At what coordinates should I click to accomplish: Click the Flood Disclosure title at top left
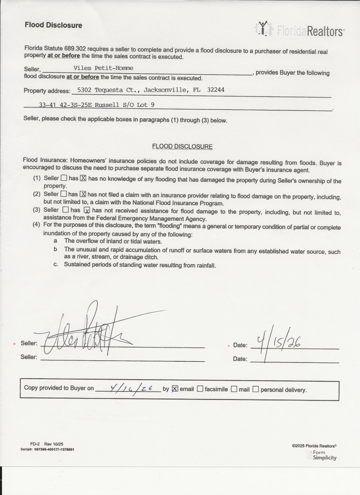pos(53,25)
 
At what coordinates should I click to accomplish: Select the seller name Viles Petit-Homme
pos(103,68)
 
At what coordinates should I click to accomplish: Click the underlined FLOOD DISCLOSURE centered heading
pos(182,147)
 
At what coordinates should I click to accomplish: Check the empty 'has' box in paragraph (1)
pos(63,178)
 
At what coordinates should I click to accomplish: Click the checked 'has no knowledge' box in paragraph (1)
pos(83,178)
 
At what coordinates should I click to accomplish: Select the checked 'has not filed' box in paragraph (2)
pos(83,194)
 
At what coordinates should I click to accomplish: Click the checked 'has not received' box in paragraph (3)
pos(86,211)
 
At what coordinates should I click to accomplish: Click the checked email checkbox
pos(175,389)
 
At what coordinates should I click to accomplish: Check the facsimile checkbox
pos(200,389)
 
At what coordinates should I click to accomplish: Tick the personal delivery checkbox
pos(256,389)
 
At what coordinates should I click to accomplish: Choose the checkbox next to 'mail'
pos(234,389)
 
